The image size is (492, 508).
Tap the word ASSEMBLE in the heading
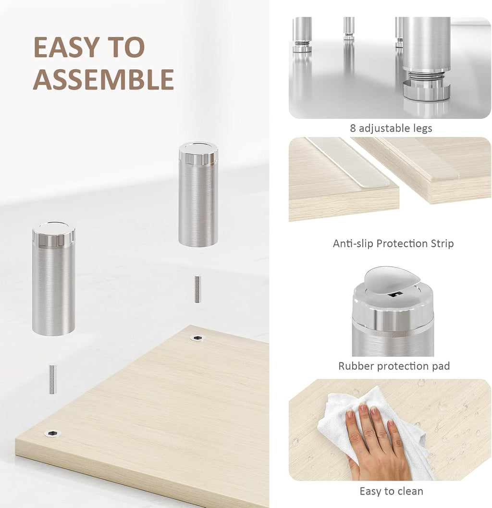(103, 80)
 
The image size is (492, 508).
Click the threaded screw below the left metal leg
(52, 379)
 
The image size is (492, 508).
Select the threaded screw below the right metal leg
(197, 289)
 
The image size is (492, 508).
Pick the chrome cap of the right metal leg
(198, 152)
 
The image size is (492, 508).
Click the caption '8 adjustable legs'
(391, 128)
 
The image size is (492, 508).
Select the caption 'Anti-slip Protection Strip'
(393, 244)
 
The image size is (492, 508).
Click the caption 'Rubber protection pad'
(394, 366)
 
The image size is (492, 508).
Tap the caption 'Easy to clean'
(391, 491)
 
